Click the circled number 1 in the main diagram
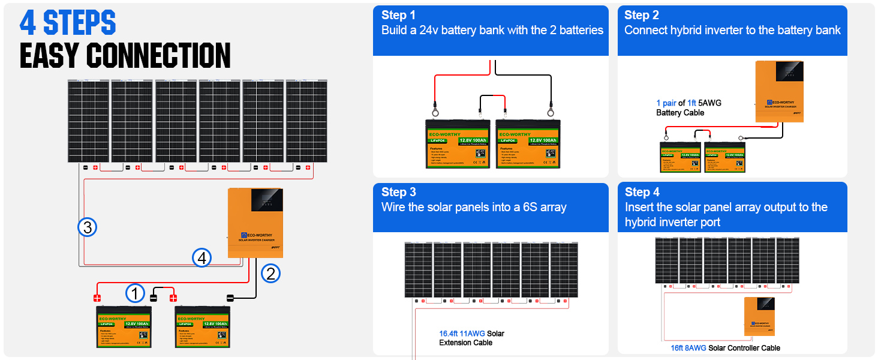click(136, 294)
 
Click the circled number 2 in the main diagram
click(270, 274)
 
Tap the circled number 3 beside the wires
click(87, 227)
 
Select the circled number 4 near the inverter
click(202, 257)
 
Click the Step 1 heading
click(398, 15)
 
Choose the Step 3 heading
click(398, 192)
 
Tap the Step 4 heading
click(642, 192)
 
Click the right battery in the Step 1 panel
click(527, 144)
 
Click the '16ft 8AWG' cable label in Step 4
click(688, 348)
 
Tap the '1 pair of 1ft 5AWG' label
click(688, 103)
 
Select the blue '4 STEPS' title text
click(68, 23)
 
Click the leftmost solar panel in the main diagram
click(88, 121)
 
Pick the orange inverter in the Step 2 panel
click(778, 91)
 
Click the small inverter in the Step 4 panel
click(759, 317)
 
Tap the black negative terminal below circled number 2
click(230, 298)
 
